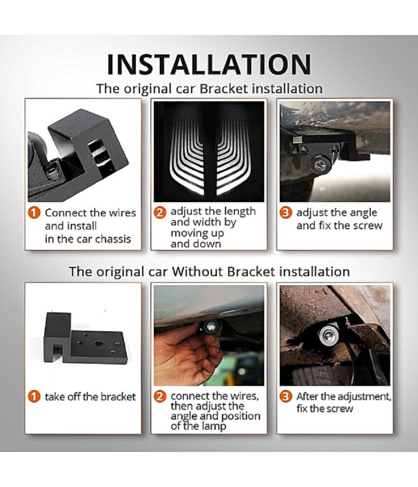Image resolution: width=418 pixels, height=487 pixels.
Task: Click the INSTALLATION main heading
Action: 209,64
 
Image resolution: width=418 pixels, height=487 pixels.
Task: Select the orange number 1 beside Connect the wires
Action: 34,213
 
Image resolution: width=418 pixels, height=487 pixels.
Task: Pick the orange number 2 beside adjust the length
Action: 160,213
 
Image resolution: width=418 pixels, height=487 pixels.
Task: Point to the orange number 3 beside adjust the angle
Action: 286,213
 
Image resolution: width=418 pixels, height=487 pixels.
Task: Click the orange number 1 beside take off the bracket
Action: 34,397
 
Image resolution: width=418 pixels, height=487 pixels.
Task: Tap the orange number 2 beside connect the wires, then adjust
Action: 160,397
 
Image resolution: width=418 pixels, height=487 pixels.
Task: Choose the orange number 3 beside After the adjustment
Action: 286,397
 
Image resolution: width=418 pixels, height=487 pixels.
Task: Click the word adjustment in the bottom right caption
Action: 364,397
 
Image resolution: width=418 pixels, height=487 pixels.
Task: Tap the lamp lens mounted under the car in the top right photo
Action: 320,163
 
